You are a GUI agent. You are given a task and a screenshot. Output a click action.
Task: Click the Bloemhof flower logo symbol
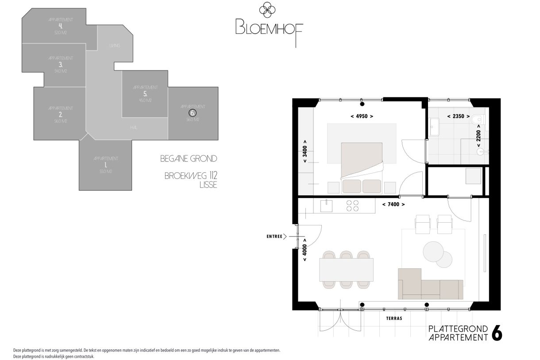pyautogui.click(x=267, y=10)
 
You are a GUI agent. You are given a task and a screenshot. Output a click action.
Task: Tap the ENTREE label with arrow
pyautogui.click(x=277, y=236)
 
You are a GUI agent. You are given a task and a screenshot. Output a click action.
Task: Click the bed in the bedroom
pyautogui.click(x=361, y=167)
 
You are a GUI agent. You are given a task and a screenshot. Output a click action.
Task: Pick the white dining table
pyautogui.click(x=347, y=269)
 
